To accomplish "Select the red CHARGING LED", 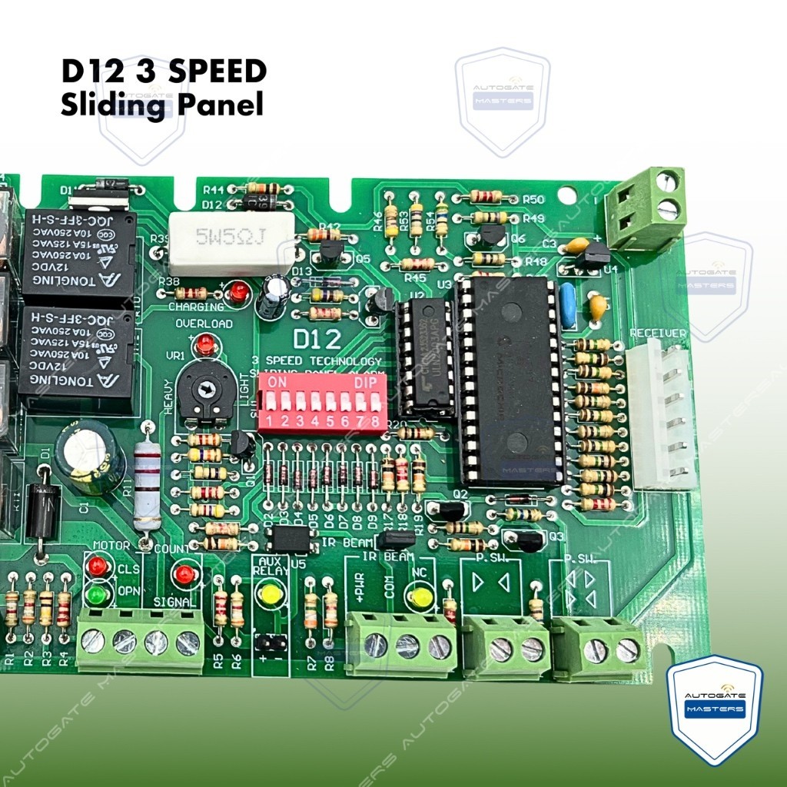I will click(x=239, y=293).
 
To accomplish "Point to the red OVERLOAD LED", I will click(x=205, y=346).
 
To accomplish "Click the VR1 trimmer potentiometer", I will click(x=204, y=390).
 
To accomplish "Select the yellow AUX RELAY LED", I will click(x=270, y=594).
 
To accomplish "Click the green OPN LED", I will click(x=97, y=594).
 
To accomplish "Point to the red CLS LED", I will click(x=97, y=566).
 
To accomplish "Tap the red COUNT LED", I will click(x=184, y=573).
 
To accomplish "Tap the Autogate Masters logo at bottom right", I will click(x=715, y=709).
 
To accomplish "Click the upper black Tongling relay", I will click(x=78, y=257).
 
